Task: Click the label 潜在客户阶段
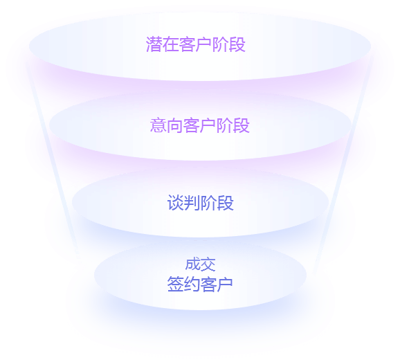[x=196, y=44]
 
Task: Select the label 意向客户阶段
[x=200, y=125]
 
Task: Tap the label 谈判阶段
[x=200, y=203]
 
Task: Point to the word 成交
[x=200, y=264]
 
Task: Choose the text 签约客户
[x=200, y=284]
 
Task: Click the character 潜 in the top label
[x=154, y=44]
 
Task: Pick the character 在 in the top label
[x=171, y=44]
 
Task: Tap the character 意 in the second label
[x=158, y=125]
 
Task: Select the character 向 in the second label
[x=175, y=125]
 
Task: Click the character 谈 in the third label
[x=175, y=203]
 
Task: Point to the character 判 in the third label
[x=192, y=203]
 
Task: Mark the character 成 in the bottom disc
[x=192, y=264]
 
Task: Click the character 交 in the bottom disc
[x=208, y=264]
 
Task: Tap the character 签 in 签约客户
[x=175, y=284]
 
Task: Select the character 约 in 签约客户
[x=192, y=284]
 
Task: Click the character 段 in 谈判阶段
[x=225, y=203]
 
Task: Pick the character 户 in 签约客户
[x=225, y=284]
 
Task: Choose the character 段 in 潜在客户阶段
[x=237, y=44]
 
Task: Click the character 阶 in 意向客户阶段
[x=225, y=125]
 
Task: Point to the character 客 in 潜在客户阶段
[x=188, y=44]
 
